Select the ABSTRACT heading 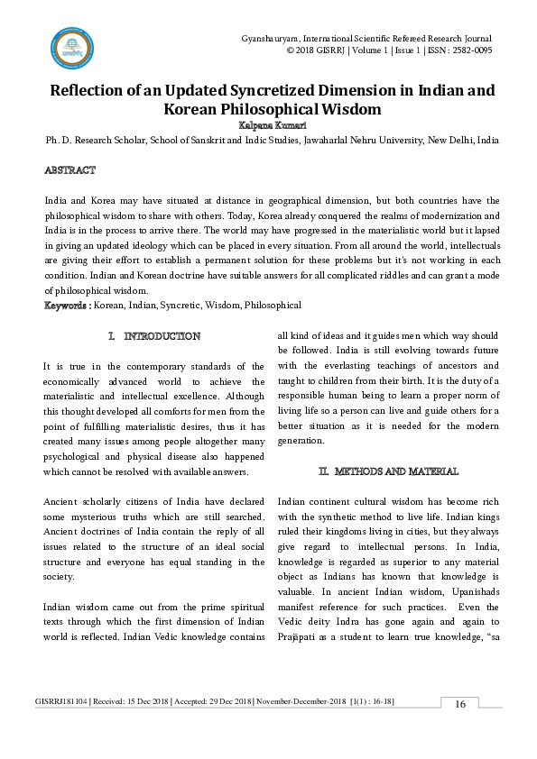[x=70, y=169]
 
